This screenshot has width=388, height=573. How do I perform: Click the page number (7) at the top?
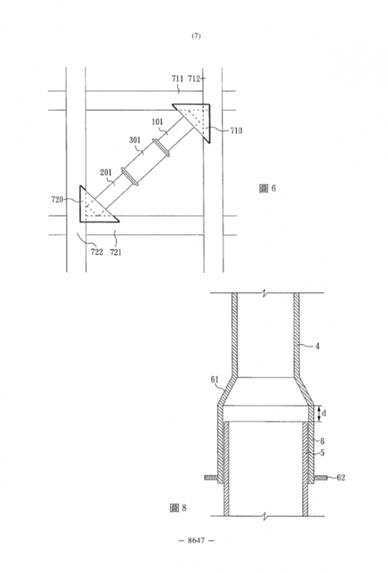click(196, 36)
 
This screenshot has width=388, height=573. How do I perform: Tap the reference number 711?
click(177, 78)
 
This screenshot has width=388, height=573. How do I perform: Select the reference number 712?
click(194, 78)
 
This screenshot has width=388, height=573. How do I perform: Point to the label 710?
click(236, 131)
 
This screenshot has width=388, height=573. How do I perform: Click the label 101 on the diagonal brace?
click(157, 122)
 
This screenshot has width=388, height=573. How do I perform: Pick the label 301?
click(135, 140)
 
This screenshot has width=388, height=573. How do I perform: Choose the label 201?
click(106, 172)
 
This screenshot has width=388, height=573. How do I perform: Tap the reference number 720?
click(57, 199)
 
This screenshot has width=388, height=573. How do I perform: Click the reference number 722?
click(97, 251)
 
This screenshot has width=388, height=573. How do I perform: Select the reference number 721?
click(115, 251)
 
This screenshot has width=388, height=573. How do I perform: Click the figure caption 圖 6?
click(267, 188)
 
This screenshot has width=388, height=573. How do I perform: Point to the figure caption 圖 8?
click(178, 507)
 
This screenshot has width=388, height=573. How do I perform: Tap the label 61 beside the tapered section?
click(214, 379)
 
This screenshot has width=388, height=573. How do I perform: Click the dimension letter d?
click(324, 413)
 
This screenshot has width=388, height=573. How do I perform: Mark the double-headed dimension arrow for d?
click(319, 413)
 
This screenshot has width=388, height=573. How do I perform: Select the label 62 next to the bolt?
click(340, 477)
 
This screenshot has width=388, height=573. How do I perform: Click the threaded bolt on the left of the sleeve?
click(212, 477)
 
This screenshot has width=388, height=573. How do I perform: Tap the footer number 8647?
click(196, 540)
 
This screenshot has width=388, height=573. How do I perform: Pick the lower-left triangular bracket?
click(95, 207)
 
